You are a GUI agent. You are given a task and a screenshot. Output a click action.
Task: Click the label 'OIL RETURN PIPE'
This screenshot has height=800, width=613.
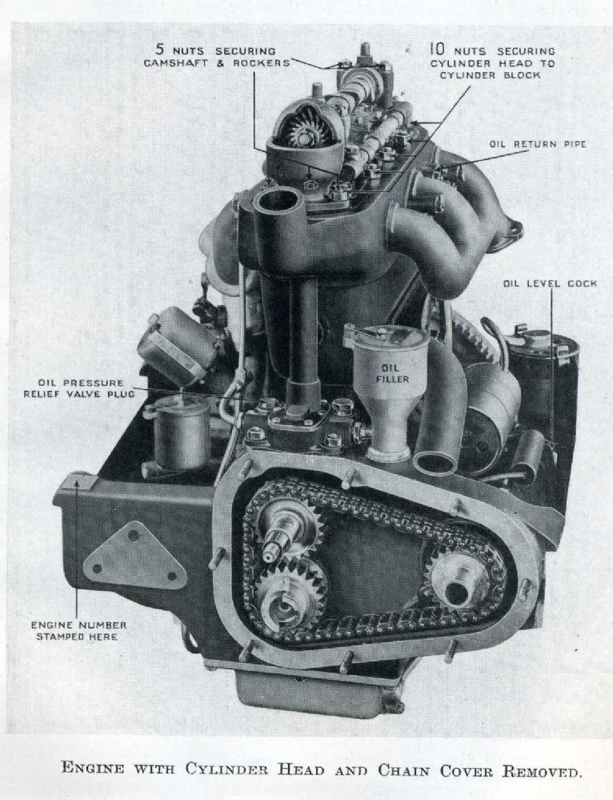point(538,144)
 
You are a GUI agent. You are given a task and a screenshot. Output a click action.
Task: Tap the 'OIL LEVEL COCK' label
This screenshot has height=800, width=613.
point(550,283)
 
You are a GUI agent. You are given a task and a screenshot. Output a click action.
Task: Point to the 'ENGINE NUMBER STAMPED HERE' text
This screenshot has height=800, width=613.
point(78,630)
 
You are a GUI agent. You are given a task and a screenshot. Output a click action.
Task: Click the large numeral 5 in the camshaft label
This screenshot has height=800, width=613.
point(159,50)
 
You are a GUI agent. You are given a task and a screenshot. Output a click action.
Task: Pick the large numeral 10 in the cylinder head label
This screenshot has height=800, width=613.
point(439,49)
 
